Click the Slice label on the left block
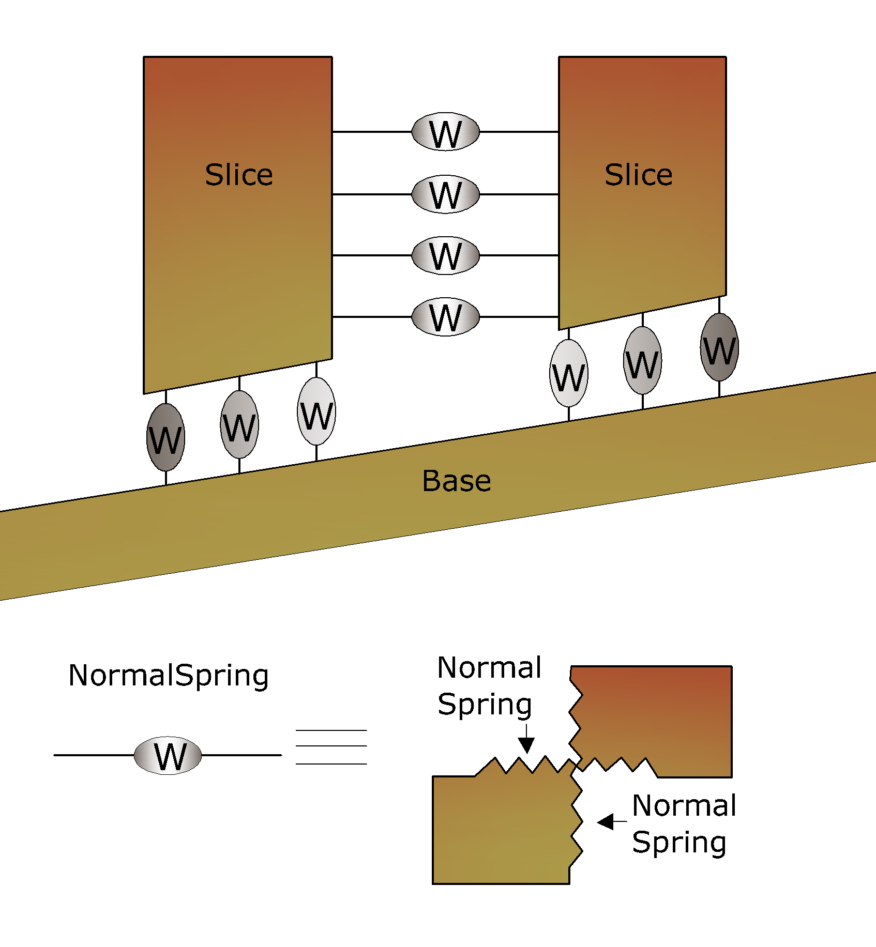point(239,175)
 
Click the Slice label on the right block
point(639,175)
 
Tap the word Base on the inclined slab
point(457,481)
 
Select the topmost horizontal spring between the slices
point(445,132)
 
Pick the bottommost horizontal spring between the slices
point(445,317)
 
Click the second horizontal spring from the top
point(445,194)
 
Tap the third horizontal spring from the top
point(445,255)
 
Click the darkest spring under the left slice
point(165,437)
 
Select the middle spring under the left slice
point(239,424)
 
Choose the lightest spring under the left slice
point(316,411)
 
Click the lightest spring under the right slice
point(568,373)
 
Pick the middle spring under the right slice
point(642,360)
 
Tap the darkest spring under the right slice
point(719,347)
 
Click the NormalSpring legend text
point(169,676)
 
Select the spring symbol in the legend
point(168,755)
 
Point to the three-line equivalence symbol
point(331,747)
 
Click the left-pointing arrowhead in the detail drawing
point(606,821)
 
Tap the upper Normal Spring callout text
point(489,686)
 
